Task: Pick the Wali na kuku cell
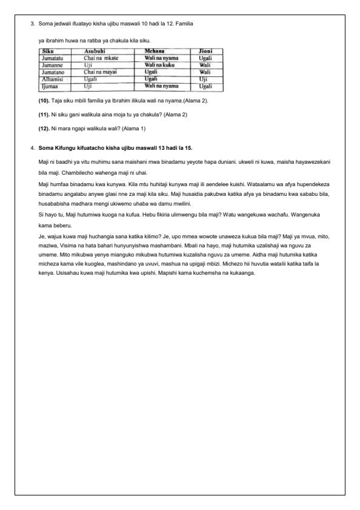(159, 64)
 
